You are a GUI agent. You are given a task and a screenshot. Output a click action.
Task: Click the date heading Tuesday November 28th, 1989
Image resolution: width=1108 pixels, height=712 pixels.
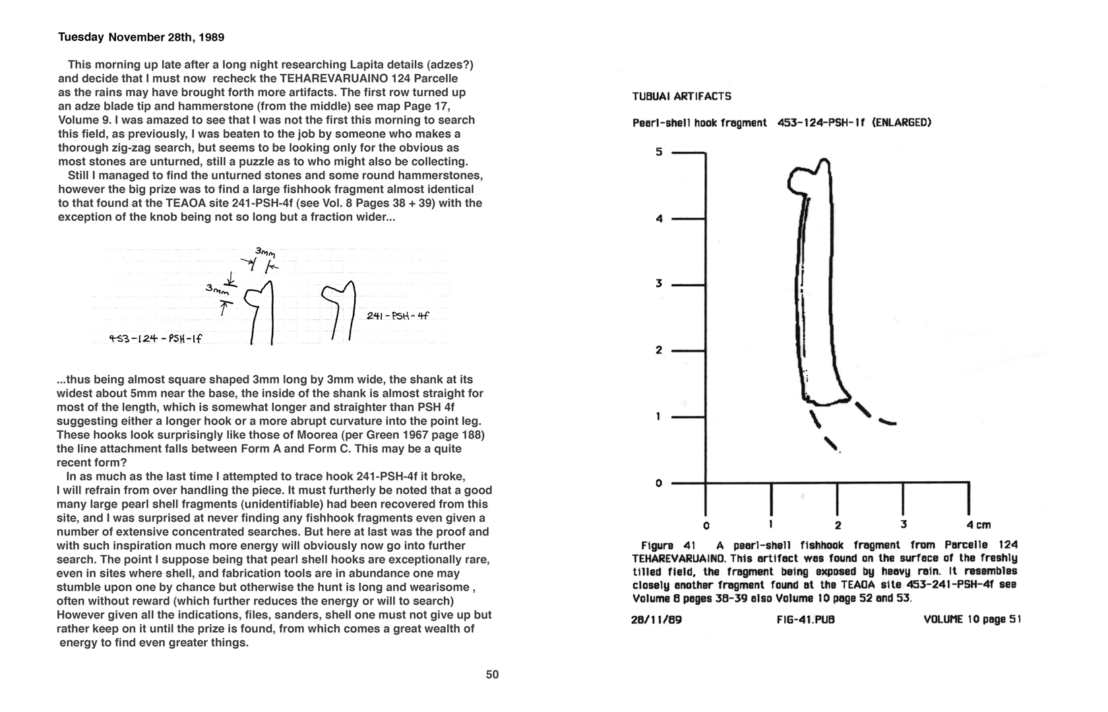click(141, 38)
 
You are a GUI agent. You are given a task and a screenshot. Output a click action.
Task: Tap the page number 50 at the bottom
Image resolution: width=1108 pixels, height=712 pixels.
click(492, 674)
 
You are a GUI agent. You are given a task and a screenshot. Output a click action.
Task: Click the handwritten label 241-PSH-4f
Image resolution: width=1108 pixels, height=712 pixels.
click(398, 316)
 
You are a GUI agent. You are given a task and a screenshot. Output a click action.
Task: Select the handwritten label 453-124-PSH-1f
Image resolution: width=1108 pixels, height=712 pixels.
click(155, 340)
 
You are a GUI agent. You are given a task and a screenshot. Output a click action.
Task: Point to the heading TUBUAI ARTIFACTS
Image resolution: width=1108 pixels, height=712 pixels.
click(681, 96)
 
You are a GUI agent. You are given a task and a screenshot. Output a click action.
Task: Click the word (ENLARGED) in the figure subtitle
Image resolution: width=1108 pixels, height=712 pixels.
click(901, 123)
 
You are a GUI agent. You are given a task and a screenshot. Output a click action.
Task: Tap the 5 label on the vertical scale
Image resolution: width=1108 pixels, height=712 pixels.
click(658, 152)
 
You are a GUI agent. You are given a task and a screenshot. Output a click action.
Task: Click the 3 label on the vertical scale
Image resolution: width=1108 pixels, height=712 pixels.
click(658, 284)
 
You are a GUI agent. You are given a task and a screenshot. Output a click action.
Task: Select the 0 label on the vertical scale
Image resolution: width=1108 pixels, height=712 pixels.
click(658, 483)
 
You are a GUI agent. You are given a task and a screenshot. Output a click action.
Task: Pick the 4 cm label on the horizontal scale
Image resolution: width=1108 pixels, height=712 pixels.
click(978, 525)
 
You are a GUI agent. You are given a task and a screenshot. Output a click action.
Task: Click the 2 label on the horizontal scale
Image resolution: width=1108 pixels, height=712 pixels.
click(838, 525)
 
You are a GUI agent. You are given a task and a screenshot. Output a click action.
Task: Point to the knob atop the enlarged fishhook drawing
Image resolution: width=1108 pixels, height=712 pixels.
click(810, 175)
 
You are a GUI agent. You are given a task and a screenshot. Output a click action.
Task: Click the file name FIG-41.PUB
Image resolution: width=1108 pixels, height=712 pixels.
click(806, 620)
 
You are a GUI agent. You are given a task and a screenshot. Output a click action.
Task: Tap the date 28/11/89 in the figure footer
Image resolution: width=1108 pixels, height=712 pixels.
click(656, 620)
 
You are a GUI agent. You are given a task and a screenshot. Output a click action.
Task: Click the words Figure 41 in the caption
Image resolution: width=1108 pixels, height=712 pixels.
click(669, 545)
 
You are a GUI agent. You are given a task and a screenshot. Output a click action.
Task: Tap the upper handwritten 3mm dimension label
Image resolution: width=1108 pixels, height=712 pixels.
click(265, 252)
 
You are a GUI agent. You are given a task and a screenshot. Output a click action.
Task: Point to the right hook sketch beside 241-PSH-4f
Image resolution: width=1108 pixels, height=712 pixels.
click(340, 310)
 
